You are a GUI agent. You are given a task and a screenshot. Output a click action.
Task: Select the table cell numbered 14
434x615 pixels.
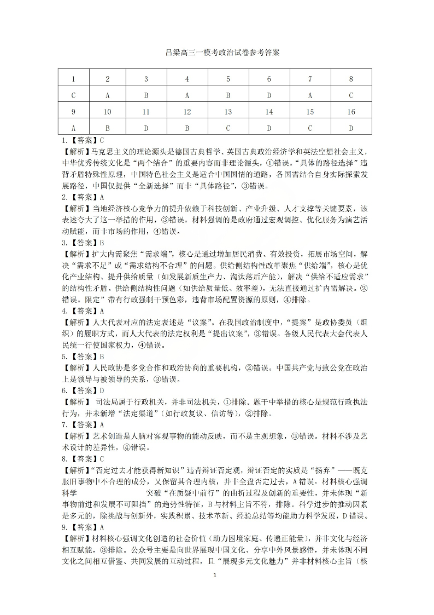point(269,112)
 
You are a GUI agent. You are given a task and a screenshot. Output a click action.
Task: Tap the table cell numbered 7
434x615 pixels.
point(310,79)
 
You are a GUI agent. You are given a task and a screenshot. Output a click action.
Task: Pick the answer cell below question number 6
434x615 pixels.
point(269,95)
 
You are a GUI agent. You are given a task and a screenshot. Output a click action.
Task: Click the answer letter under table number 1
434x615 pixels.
point(73,95)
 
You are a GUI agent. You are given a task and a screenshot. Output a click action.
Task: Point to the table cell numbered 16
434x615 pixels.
point(351,112)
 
